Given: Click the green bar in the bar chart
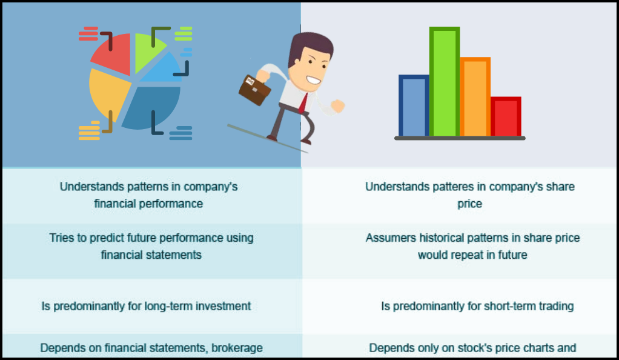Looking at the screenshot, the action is pyautogui.click(x=445, y=81).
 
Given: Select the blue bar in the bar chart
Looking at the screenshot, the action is pyautogui.click(x=414, y=105).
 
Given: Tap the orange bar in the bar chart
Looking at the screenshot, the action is pyautogui.click(x=475, y=97).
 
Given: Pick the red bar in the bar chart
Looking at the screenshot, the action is pyautogui.click(x=506, y=116).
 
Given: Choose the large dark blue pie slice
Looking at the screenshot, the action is pyautogui.click(x=152, y=106).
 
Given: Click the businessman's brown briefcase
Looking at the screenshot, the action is pyautogui.click(x=254, y=90).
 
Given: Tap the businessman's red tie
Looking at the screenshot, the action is pyautogui.click(x=303, y=104).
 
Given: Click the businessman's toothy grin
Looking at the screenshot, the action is pyautogui.click(x=314, y=80).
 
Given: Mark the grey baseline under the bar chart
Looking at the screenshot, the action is pyautogui.click(x=460, y=138).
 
